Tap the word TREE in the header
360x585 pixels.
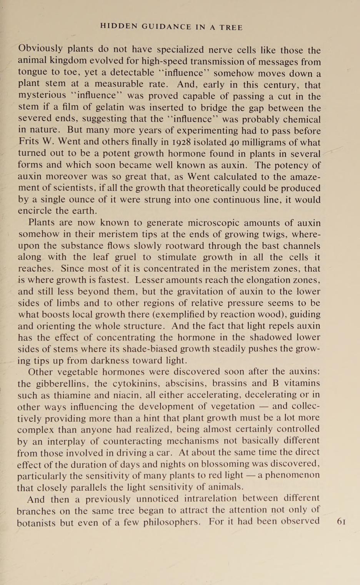[231, 27]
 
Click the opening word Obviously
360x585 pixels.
[40, 49]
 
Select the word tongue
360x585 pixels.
[32, 72]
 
